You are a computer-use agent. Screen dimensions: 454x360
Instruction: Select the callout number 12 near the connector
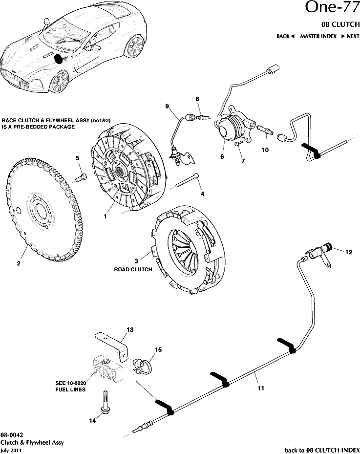[348, 252]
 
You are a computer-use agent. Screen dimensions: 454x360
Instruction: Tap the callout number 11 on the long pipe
[261, 389]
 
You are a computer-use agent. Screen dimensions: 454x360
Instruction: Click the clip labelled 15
[143, 365]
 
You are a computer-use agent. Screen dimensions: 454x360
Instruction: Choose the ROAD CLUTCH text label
[133, 269]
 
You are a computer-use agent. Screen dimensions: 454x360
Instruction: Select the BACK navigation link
[285, 36]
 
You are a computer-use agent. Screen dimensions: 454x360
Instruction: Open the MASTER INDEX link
[318, 36]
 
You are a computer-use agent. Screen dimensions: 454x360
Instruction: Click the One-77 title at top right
[332, 8]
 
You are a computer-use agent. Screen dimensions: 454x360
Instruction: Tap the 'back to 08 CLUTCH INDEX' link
[322, 449]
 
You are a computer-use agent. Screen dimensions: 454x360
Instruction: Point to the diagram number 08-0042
[12, 435]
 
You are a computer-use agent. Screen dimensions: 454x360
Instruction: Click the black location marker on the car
[59, 59]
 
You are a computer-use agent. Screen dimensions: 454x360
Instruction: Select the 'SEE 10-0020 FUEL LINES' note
[71, 386]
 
